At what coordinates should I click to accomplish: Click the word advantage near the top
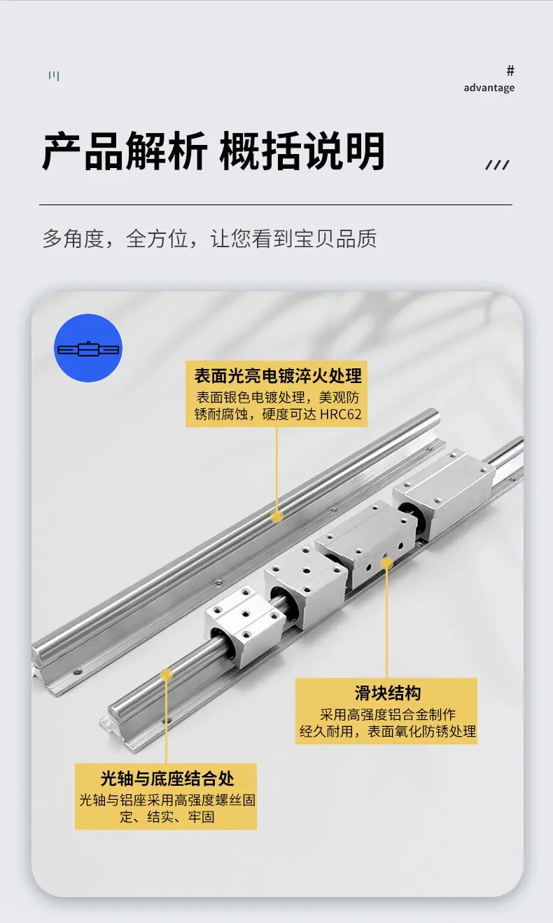click(489, 88)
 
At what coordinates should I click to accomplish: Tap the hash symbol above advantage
click(510, 71)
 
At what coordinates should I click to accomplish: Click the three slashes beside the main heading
click(498, 165)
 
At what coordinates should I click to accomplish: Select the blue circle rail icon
click(88, 348)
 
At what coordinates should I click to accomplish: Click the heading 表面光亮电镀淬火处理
click(278, 375)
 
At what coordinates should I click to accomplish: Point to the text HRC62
click(340, 414)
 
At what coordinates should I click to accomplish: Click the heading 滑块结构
click(388, 693)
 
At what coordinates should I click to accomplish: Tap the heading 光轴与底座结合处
click(167, 778)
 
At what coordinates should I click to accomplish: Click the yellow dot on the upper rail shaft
click(276, 516)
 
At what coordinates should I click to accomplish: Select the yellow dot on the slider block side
click(386, 562)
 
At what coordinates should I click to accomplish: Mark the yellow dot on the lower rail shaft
click(166, 674)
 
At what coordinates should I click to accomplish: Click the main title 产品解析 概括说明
click(213, 151)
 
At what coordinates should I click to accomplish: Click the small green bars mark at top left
click(54, 76)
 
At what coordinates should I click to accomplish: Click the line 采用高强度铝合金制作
click(388, 714)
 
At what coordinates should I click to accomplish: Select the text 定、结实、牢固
click(167, 817)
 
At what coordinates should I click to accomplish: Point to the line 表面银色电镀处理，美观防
click(278, 397)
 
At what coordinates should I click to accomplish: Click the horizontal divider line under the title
click(276, 204)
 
